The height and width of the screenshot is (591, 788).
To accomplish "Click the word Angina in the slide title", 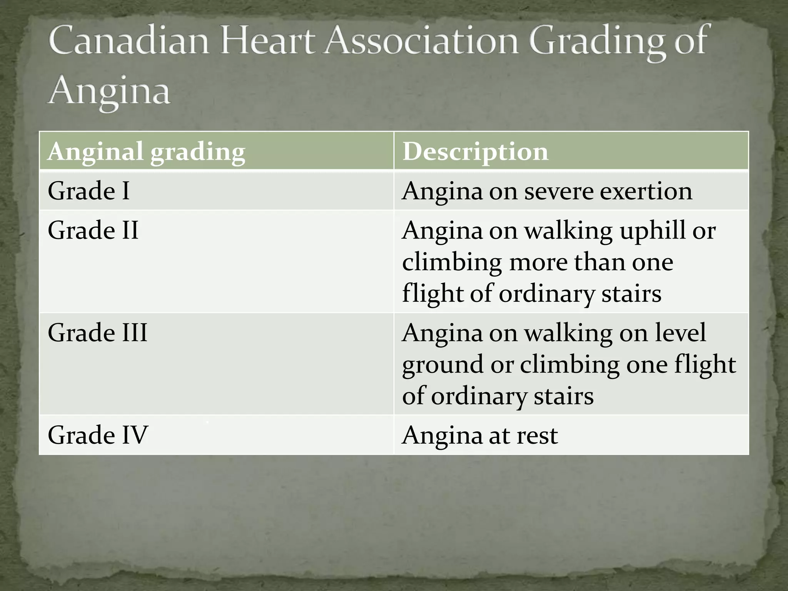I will pyautogui.click(x=109, y=92).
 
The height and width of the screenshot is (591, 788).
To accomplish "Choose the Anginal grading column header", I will pyautogui.click(x=146, y=151).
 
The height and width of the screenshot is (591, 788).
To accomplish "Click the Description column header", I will pyautogui.click(x=475, y=151).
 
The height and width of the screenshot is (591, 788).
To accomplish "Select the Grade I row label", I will pyautogui.click(x=89, y=191).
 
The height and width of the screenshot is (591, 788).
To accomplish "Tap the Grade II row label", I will pyautogui.click(x=93, y=230).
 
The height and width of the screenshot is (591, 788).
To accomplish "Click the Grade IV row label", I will pyautogui.click(x=98, y=435).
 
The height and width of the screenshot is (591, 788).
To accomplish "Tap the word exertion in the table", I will pyautogui.click(x=646, y=191).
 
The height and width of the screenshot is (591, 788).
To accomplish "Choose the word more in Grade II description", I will pyautogui.click(x=538, y=262).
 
